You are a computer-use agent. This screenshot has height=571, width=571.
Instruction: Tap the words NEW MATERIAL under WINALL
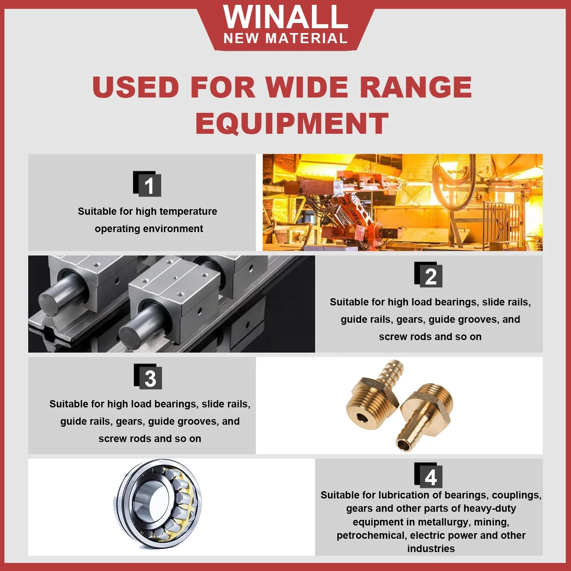click(285, 38)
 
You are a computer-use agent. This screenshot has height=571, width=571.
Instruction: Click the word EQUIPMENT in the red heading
click(292, 123)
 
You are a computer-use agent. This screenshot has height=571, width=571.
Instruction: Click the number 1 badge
click(147, 184)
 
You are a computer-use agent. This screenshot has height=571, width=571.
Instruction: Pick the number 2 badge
click(429, 275)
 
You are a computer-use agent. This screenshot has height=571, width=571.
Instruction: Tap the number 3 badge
click(148, 377)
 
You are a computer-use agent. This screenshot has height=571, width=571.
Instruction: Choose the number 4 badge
click(429, 475)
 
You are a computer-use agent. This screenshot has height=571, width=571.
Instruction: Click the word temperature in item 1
click(188, 211)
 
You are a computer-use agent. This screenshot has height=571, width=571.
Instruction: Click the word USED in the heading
click(136, 87)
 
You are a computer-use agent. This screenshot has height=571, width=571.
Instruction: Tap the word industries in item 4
click(431, 548)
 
